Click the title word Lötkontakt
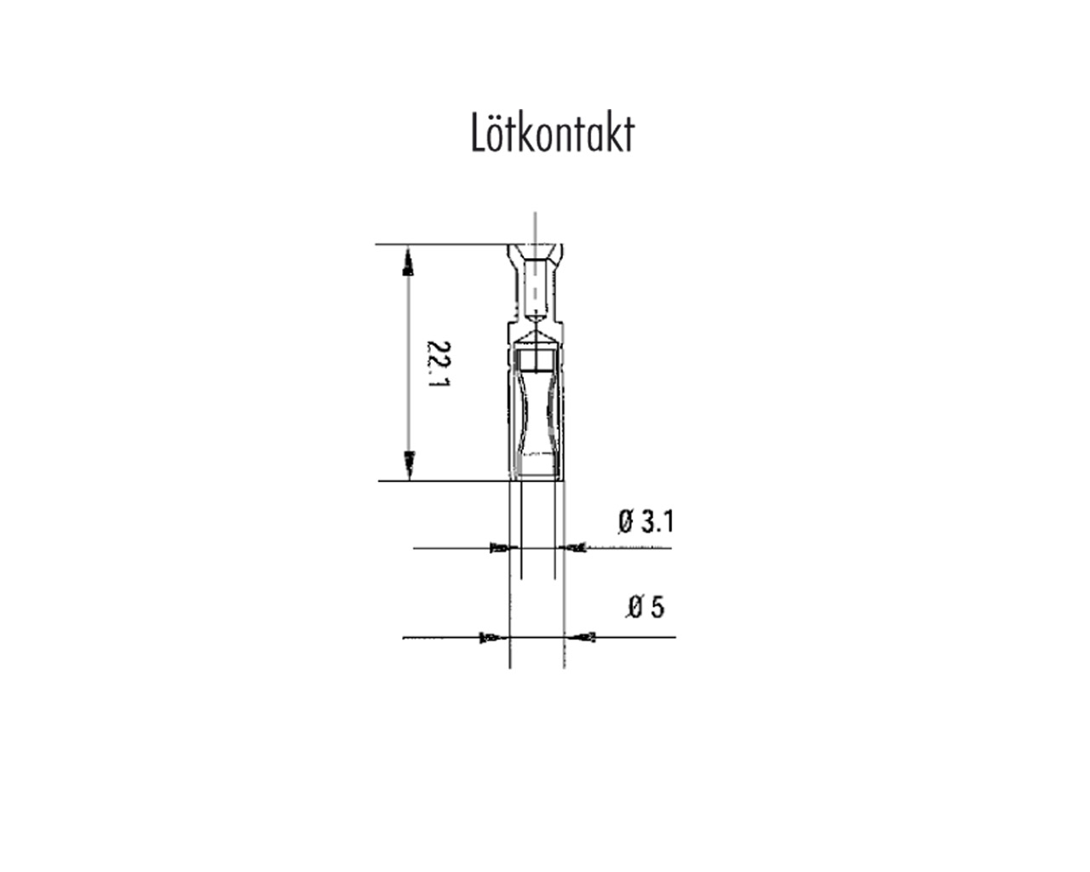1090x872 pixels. (553, 135)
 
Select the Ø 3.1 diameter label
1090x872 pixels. (645, 521)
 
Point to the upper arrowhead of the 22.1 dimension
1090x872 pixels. (409, 259)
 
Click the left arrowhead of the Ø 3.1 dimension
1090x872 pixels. (501, 548)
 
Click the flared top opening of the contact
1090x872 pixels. (535, 252)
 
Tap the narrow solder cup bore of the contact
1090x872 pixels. (535, 290)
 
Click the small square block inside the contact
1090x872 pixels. (536, 360)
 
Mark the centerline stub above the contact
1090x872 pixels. (535, 227)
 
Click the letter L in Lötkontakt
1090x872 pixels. (479, 135)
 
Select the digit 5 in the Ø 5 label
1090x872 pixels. (656, 607)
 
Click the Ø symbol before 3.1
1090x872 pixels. (627, 521)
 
